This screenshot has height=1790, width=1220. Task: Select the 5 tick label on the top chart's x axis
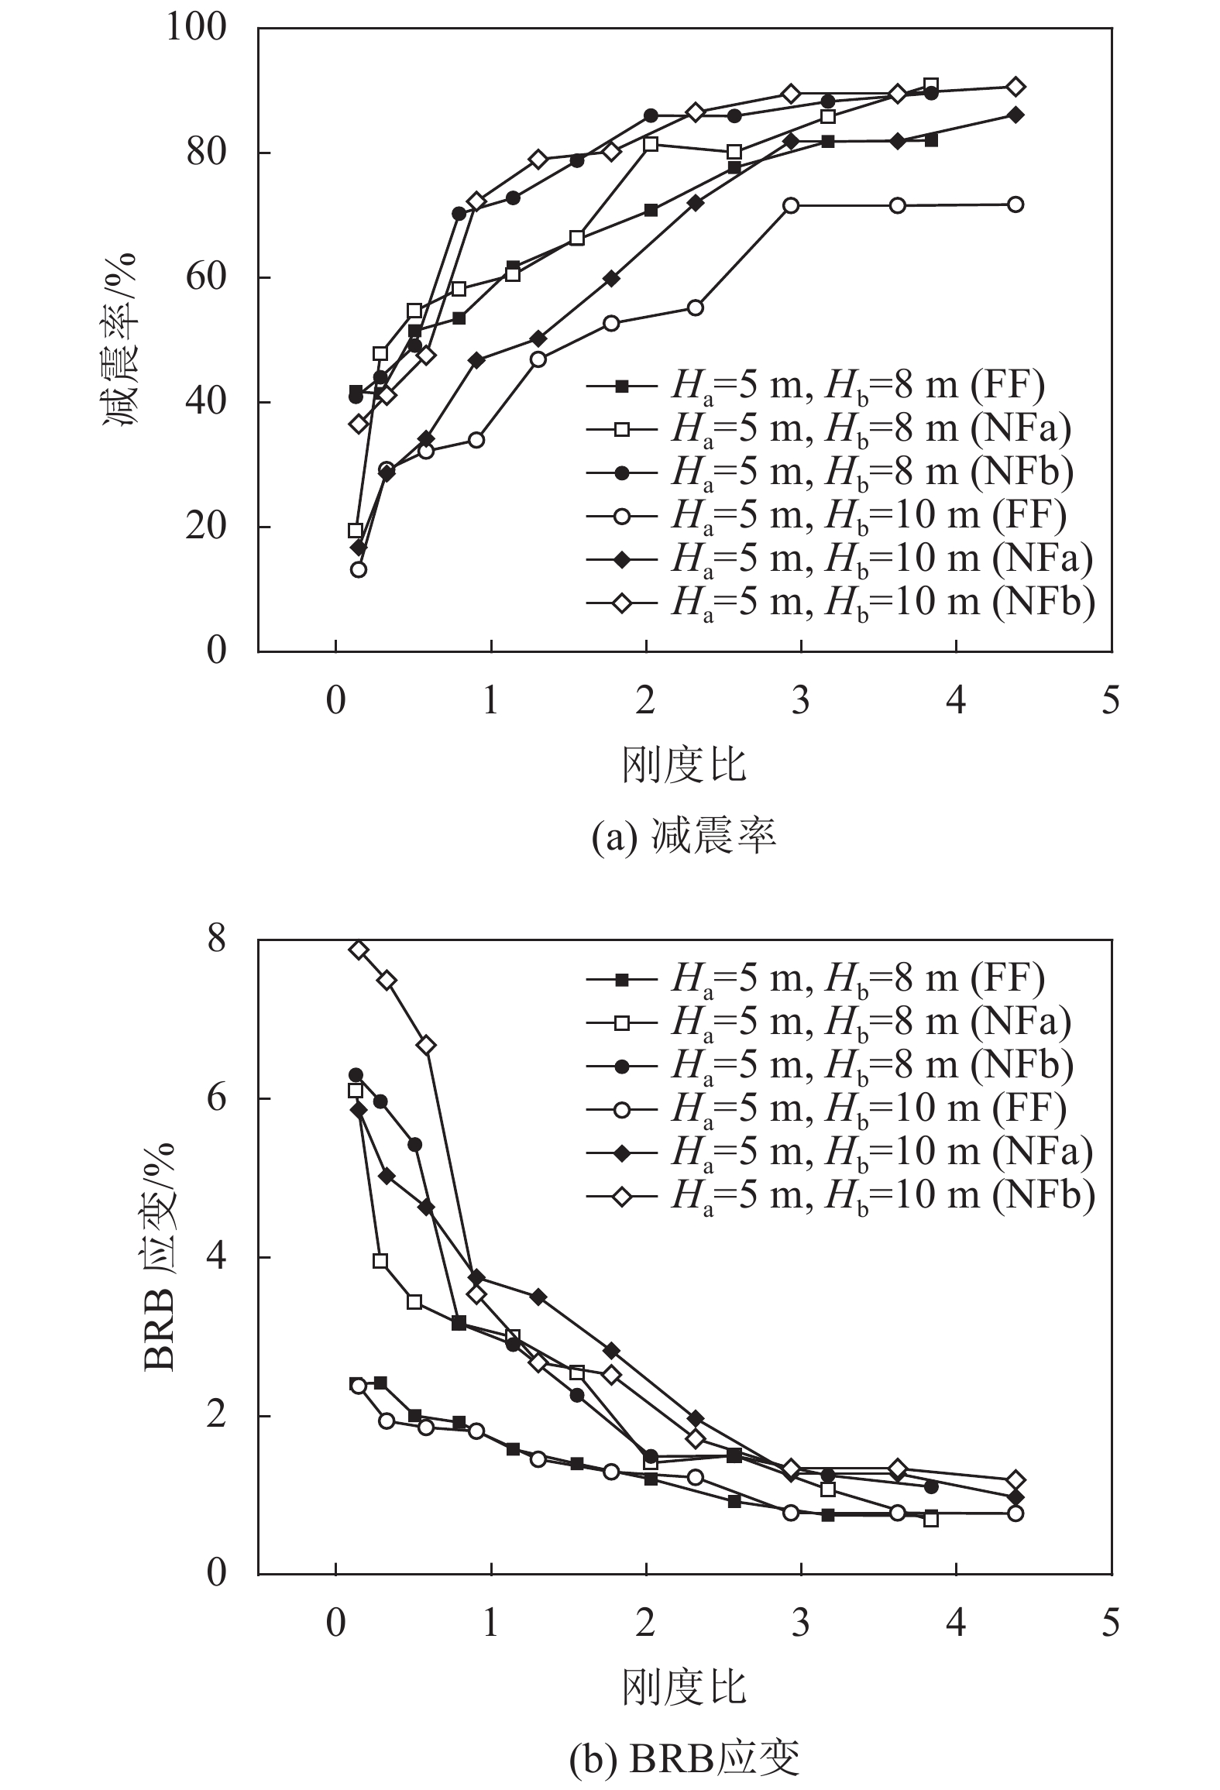[x=1112, y=701]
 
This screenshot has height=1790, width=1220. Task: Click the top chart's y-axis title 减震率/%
[x=120, y=341]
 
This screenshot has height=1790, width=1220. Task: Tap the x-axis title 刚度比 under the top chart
[x=684, y=764]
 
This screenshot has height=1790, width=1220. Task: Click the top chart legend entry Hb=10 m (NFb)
[x=840, y=601]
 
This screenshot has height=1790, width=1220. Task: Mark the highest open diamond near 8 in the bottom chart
[x=358, y=950]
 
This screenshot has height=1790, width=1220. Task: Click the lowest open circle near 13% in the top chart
[x=358, y=569]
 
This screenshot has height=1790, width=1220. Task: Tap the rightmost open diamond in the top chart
[x=1016, y=86]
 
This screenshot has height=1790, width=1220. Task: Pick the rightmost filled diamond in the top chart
[x=1016, y=115]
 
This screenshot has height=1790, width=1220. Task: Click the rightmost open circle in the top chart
[x=1016, y=204]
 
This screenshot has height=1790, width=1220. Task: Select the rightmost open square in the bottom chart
[x=931, y=1519]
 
